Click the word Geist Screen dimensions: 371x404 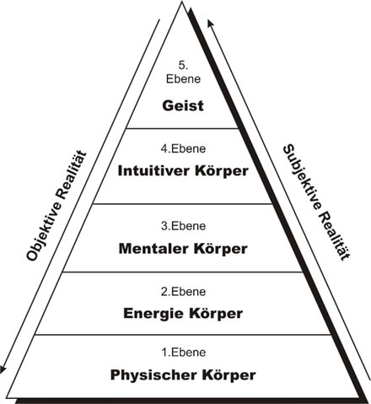tap(183, 106)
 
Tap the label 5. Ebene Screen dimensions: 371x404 tap(183, 73)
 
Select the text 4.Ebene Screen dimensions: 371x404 tap(183, 148)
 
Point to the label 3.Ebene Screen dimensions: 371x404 tap(183, 226)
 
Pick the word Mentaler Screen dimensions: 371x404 tap(153, 249)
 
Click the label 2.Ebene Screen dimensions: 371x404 tap(183, 292)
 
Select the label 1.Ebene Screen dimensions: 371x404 tap(184, 353)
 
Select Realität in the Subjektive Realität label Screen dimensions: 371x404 tap(335, 235)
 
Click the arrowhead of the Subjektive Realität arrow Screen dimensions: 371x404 tap(210, 23)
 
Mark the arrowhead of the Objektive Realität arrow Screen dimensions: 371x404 tap(3, 369)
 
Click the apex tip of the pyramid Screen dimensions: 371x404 tap(182, 2)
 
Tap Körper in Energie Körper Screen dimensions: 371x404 tap(216, 314)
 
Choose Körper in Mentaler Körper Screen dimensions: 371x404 tap(220, 249)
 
